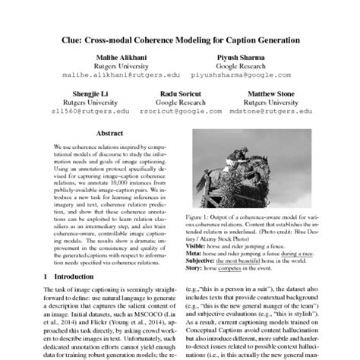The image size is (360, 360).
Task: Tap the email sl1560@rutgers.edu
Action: tap(76, 111)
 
